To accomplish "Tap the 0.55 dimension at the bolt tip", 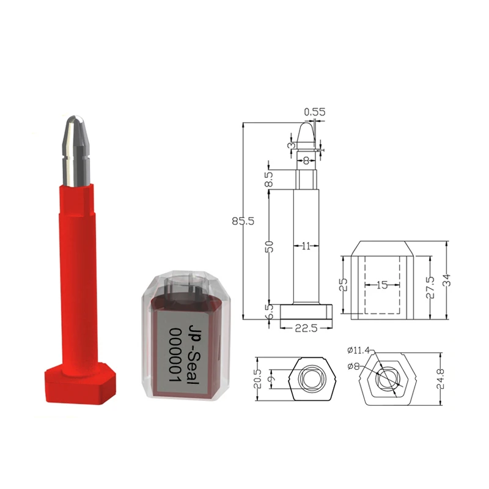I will coord(315,112).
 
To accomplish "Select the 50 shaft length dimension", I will coord(268,246).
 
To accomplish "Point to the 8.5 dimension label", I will coord(268,179).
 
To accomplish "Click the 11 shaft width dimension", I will coord(306,246).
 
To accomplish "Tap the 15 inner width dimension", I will coord(382,285).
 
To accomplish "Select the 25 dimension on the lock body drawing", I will coord(344,284).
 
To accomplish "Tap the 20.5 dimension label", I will coord(259,379).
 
